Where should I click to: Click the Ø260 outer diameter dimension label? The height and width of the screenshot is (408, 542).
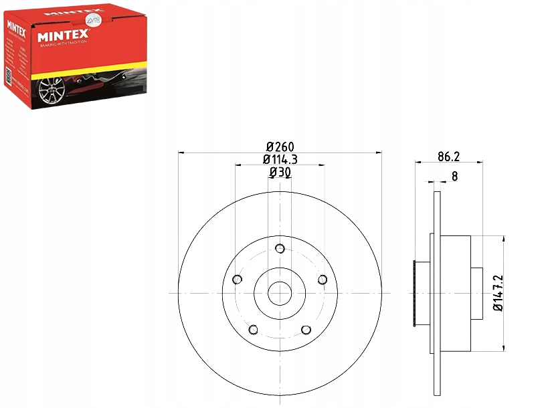click(280, 146)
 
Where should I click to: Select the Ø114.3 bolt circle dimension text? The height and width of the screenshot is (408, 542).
click(280, 159)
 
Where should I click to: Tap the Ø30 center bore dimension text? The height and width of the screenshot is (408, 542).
click(280, 173)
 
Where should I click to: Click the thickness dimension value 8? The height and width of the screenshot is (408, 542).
click(454, 177)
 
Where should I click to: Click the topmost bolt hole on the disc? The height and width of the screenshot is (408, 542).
click(280, 248)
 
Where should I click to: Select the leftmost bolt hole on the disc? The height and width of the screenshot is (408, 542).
click(236, 280)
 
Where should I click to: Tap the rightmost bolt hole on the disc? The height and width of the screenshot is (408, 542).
click(323, 280)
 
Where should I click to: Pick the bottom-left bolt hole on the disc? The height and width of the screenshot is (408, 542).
click(253, 330)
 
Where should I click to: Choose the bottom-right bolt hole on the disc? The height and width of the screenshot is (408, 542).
click(306, 330)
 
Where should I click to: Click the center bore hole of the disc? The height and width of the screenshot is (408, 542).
click(280, 293)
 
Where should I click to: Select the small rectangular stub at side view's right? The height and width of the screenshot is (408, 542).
click(477, 293)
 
